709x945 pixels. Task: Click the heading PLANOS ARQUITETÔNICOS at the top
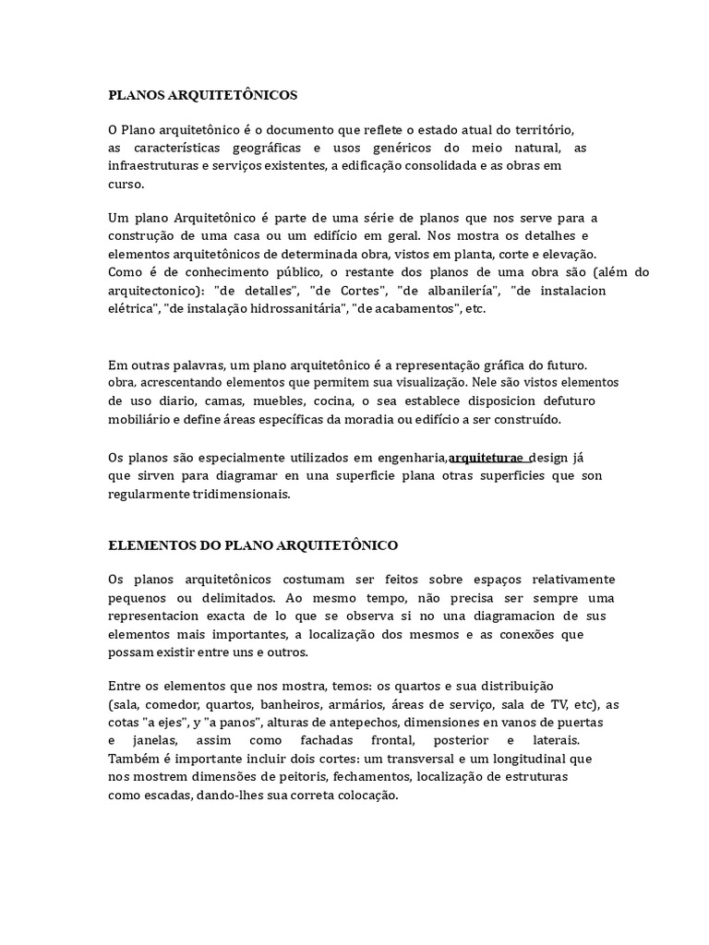click(x=202, y=94)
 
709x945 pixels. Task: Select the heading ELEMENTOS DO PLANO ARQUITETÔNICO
click(x=253, y=545)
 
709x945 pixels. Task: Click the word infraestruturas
click(x=151, y=165)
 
